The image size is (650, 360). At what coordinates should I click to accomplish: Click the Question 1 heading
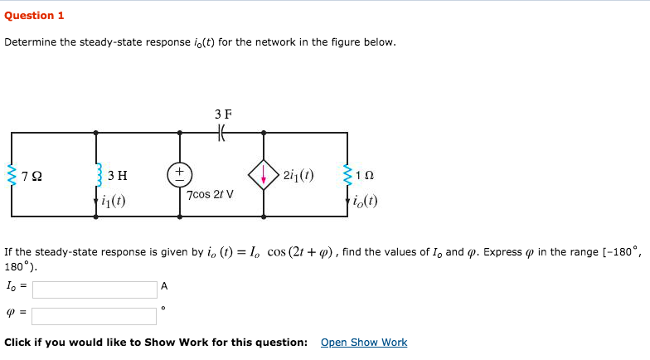(34, 15)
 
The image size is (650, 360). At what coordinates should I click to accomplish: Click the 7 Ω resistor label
(32, 175)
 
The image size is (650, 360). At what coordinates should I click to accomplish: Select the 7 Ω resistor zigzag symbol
(12, 174)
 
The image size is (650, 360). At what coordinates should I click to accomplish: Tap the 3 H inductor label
(117, 175)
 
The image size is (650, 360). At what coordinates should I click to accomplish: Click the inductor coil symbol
(97, 174)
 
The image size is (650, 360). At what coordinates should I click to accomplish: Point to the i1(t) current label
(117, 199)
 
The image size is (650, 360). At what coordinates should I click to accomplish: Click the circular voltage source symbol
(180, 174)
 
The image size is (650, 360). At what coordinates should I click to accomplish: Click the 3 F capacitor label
(222, 113)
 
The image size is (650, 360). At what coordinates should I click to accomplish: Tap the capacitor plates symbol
(222, 132)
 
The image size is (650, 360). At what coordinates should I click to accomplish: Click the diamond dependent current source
(264, 174)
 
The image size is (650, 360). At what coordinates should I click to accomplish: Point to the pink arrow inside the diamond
(264, 175)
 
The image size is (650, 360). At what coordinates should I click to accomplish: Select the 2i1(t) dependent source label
(298, 174)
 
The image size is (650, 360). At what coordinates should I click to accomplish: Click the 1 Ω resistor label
(365, 175)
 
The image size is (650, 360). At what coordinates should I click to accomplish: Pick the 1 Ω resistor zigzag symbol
(347, 174)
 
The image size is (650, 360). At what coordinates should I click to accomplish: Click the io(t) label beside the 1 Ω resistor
(366, 200)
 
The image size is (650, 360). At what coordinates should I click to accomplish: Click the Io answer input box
(95, 289)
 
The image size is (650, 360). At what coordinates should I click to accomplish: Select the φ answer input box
(95, 316)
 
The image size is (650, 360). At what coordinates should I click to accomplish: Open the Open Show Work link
(363, 343)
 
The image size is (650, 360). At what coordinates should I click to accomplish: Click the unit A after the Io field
(164, 286)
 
